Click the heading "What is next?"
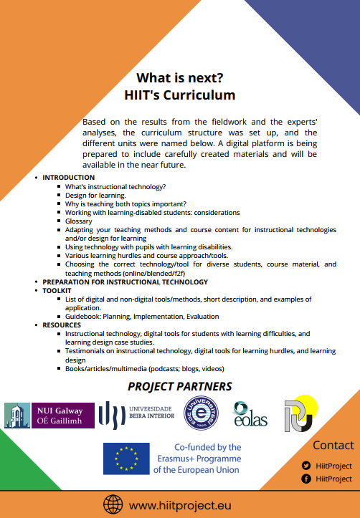click(x=179, y=78)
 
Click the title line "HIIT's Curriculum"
click(x=179, y=94)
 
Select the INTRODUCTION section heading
click(x=68, y=177)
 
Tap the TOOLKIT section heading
click(x=58, y=291)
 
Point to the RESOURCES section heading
click(x=62, y=325)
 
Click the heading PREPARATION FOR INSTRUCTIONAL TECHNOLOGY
click(x=125, y=282)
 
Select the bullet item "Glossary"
click(x=79, y=221)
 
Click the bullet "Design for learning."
click(x=95, y=195)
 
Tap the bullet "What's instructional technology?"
click(x=115, y=186)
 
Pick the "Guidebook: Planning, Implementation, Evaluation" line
click(x=142, y=316)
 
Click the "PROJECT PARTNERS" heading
click(x=179, y=387)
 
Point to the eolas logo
click(x=250, y=414)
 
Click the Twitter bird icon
click(x=306, y=464)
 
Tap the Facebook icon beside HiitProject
click(x=306, y=479)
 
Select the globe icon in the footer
click(x=113, y=504)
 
